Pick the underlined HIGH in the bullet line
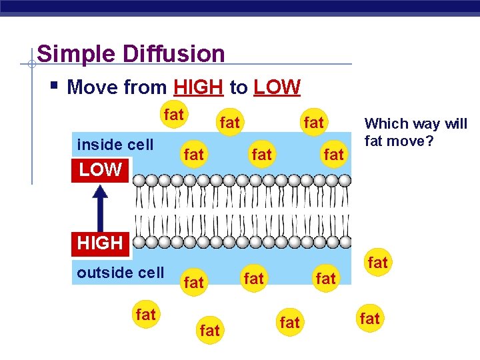point(198,87)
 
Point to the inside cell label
point(115,145)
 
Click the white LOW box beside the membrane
point(101,170)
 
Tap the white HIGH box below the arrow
point(100,243)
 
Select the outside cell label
point(121,273)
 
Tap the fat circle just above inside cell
point(173,115)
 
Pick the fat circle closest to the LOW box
point(193,155)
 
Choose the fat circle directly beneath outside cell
point(145,315)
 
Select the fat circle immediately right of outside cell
point(193,283)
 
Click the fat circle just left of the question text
point(333,155)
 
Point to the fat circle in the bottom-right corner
point(369,319)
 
